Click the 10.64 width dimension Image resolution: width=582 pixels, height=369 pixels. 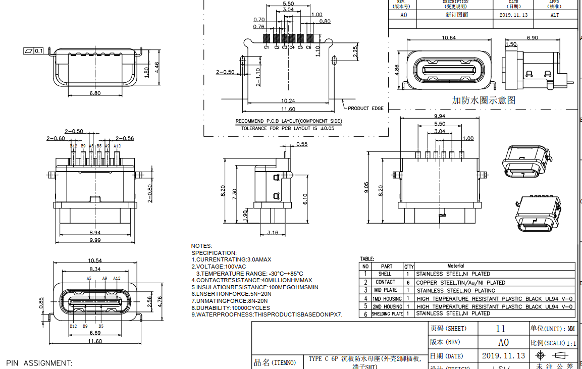tap(449, 38)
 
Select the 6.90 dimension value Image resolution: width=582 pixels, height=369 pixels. tap(532, 38)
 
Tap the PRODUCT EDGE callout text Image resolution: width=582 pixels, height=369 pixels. tap(365, 109)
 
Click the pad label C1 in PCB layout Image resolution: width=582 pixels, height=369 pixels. tap(266, 47)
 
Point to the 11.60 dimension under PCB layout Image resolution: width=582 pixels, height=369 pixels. tap(288, 109)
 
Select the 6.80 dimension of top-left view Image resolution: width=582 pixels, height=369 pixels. tap(94, 93)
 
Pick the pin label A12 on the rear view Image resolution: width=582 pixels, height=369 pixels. tap(117, 146)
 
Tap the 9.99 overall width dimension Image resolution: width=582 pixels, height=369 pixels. tap(94, 240)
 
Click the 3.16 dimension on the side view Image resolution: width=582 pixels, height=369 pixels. tap(272, 233)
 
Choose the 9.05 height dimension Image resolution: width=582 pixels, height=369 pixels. tap(367, 187)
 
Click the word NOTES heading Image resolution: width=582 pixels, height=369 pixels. tap(201, 246)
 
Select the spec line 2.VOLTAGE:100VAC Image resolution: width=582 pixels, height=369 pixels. tap(219, 266)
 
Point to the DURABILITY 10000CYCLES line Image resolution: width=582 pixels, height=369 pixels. tap(230, 307)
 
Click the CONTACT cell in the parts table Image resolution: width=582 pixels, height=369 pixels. tap(385, 282)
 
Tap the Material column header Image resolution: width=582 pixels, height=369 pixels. tap(455, 266)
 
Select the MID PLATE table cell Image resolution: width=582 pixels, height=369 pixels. tap(385, 290)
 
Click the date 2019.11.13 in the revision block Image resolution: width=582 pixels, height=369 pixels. tap(513, 15)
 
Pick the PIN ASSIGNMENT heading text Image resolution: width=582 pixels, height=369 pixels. tap(39, 363)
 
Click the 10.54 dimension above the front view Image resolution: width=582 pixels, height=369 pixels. tap(94, 260)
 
